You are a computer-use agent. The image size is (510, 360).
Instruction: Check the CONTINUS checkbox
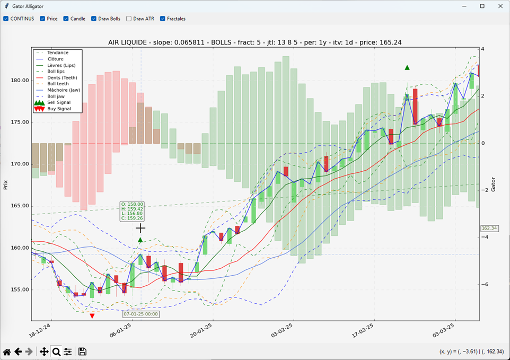[6, 19]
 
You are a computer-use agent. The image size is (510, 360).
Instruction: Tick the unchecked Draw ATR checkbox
[129, 19]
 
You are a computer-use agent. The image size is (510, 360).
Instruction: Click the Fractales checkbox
[163, 19]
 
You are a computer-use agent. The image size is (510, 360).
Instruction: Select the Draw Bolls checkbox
[94, 19]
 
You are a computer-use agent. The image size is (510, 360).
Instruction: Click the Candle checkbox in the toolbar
[66, 19]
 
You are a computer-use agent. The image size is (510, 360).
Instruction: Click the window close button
[500, 6]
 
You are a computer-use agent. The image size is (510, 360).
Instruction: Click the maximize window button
[482, 6]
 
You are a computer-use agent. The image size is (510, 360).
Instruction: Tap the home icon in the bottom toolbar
[7, 352]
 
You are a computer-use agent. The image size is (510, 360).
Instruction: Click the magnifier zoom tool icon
[56, 352]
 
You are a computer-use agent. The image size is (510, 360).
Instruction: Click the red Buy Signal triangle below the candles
[92, 316]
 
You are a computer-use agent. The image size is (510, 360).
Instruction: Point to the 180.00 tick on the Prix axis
[19, 81]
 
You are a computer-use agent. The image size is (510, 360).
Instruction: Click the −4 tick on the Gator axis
[485, 237]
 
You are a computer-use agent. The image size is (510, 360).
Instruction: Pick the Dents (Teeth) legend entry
[62, 77]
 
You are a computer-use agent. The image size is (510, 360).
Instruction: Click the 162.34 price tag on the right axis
[489, 229]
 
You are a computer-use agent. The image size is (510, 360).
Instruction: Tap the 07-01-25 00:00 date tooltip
[141, 314]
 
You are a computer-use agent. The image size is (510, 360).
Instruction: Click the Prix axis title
[6, 185]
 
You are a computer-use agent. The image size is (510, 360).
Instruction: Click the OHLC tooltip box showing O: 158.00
[132, 211]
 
